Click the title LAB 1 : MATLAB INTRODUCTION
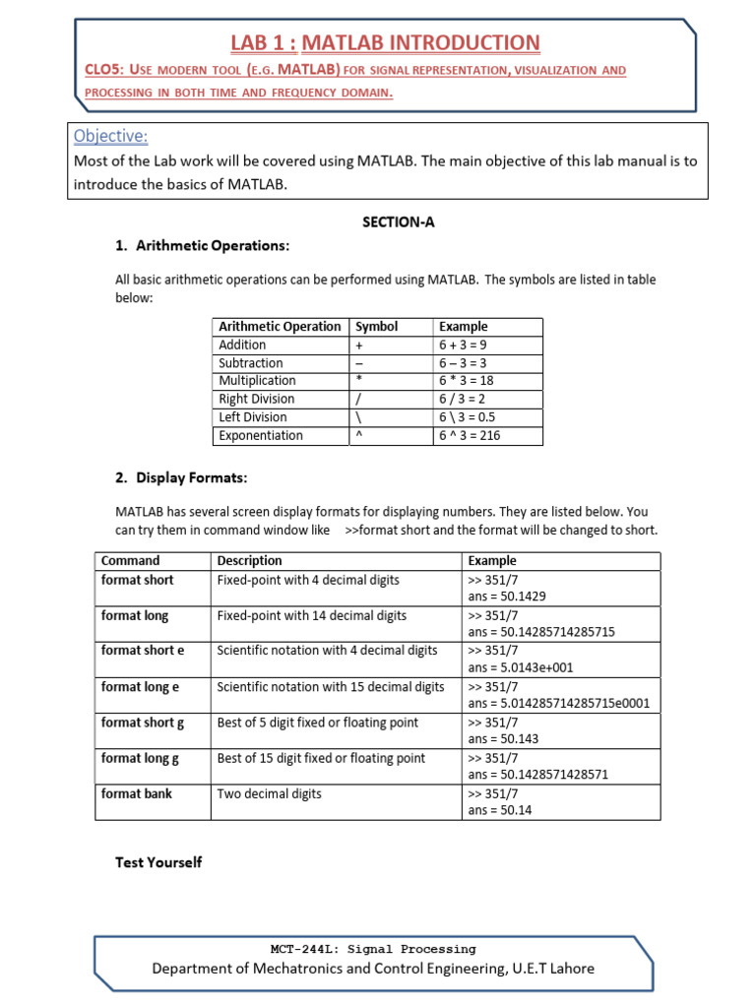tap(385, 42)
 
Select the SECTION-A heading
tap(399, 222)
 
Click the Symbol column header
tap(376, 326)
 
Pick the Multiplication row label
tap(257, 380)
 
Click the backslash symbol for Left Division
tap(358, 417)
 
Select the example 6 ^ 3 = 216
tap(470, 435)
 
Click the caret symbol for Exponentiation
tap(358, 435)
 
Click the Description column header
tap(249, 560)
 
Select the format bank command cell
tap(137, 793)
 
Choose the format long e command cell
tap(141, 686)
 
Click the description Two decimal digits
tap(269, 793)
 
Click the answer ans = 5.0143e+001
tap(520, 667)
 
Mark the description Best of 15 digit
tap(321, 758)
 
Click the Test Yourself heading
tap(158, 862)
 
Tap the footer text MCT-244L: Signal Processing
tap(372, 949)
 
